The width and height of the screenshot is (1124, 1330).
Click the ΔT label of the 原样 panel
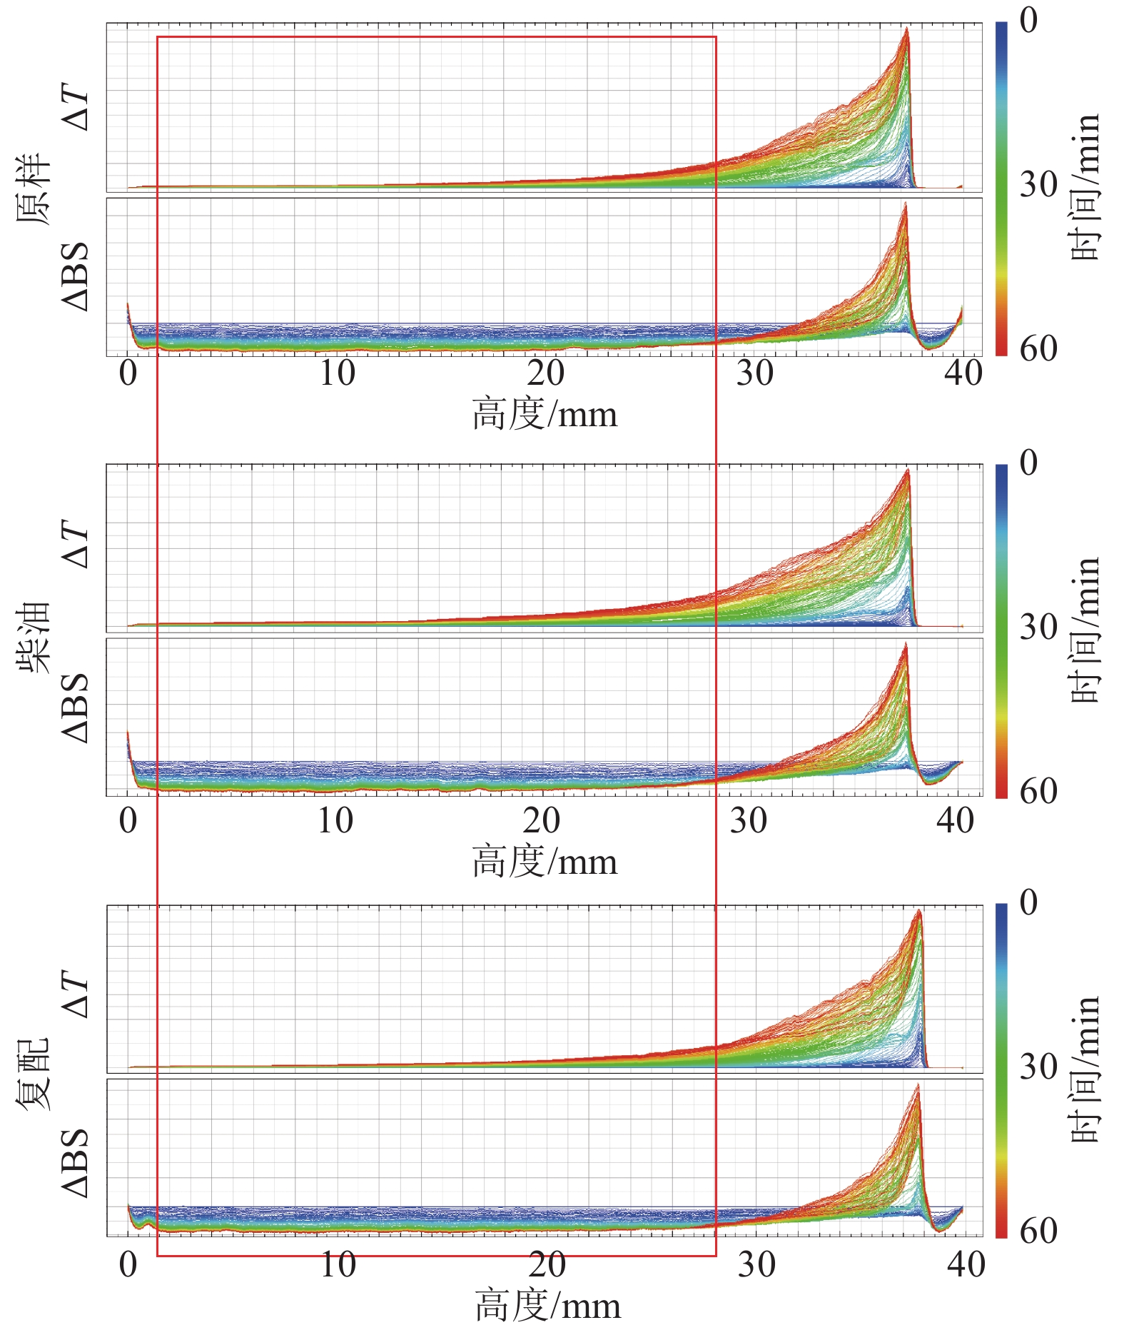[x=77, y=109]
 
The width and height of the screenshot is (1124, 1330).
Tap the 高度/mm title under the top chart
[x=545, y=415]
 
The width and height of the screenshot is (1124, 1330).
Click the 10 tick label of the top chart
[x=337, y=373]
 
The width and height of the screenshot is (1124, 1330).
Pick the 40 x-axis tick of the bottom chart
[x=966, y=1264]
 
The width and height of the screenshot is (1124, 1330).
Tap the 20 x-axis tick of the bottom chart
[x=547, y=1264]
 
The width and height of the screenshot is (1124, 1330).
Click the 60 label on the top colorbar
[x=1038, y=348]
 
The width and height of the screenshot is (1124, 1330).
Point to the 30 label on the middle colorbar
[x=1038, y=627]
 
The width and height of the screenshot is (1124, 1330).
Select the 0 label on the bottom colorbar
[x=1028, y=902]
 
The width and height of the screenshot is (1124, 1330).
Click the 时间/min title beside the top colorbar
[x=1085, y=187]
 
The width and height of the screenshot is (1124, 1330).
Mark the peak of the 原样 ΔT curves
[x=906, y=29]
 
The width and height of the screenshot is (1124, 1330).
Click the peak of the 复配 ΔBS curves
[x=917, y=1085]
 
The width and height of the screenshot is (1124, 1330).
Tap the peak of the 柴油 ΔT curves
[x=908, y=469]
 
